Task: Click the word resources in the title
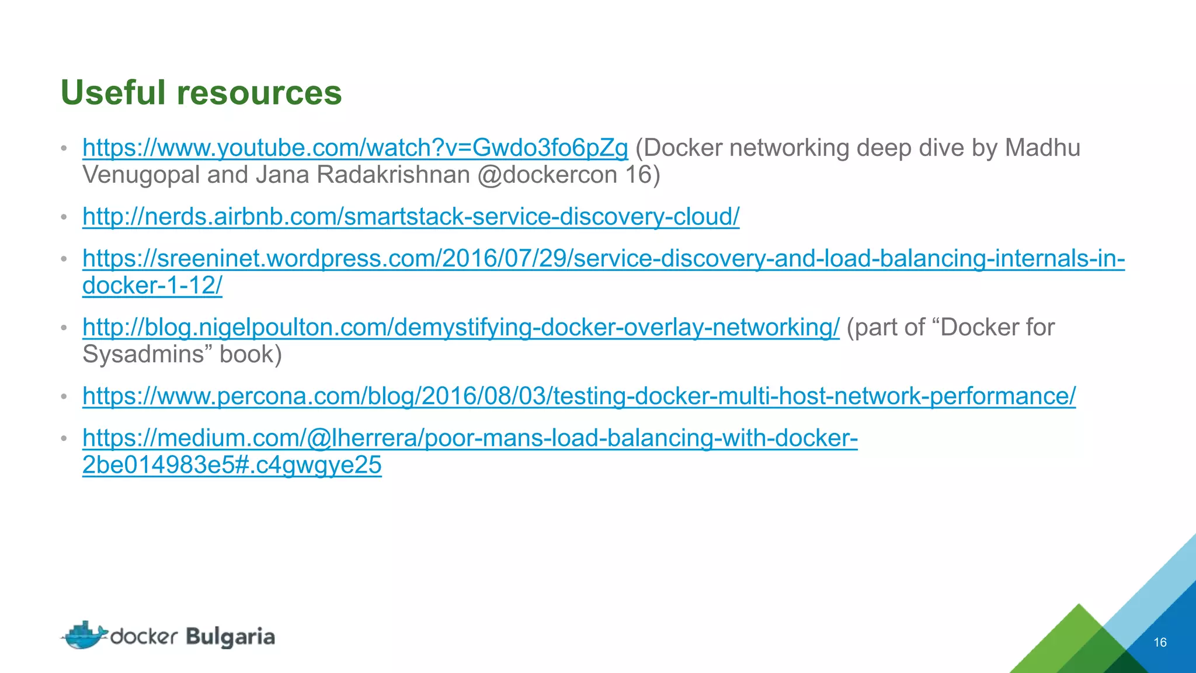[259, 93]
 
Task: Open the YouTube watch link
[355, 148]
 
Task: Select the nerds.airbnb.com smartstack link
[411, 217]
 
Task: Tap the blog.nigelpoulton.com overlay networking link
[461, 327]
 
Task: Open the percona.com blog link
[579, 396]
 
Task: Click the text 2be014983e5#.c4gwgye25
[232, 465]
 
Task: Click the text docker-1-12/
[152, 286]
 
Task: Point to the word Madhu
[1042, 148]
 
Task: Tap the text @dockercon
[547, 175]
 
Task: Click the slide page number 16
[1160, 643]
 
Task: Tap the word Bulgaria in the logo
[231, 637]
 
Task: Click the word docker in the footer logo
[144, 636]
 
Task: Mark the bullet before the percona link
[64, 397]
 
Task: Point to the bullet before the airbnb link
[64, 217]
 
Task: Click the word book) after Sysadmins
[251, 355]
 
